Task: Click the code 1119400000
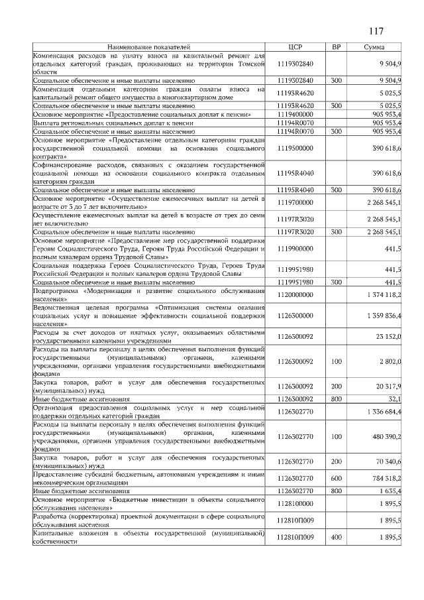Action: coord(295,115)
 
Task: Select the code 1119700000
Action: coord(295,202)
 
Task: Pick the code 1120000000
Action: coord(295,294)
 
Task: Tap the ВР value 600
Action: coord(336,477)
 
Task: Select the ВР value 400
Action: coord(336,537)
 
